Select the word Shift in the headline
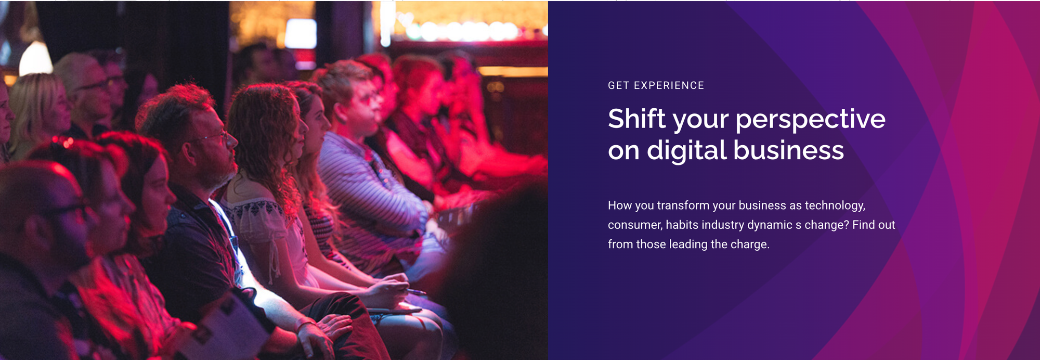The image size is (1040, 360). (637, 119)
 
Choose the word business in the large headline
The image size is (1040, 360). (789, 150)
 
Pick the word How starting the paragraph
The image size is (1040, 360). (620, 205)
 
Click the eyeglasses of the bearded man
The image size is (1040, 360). (213, 137)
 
